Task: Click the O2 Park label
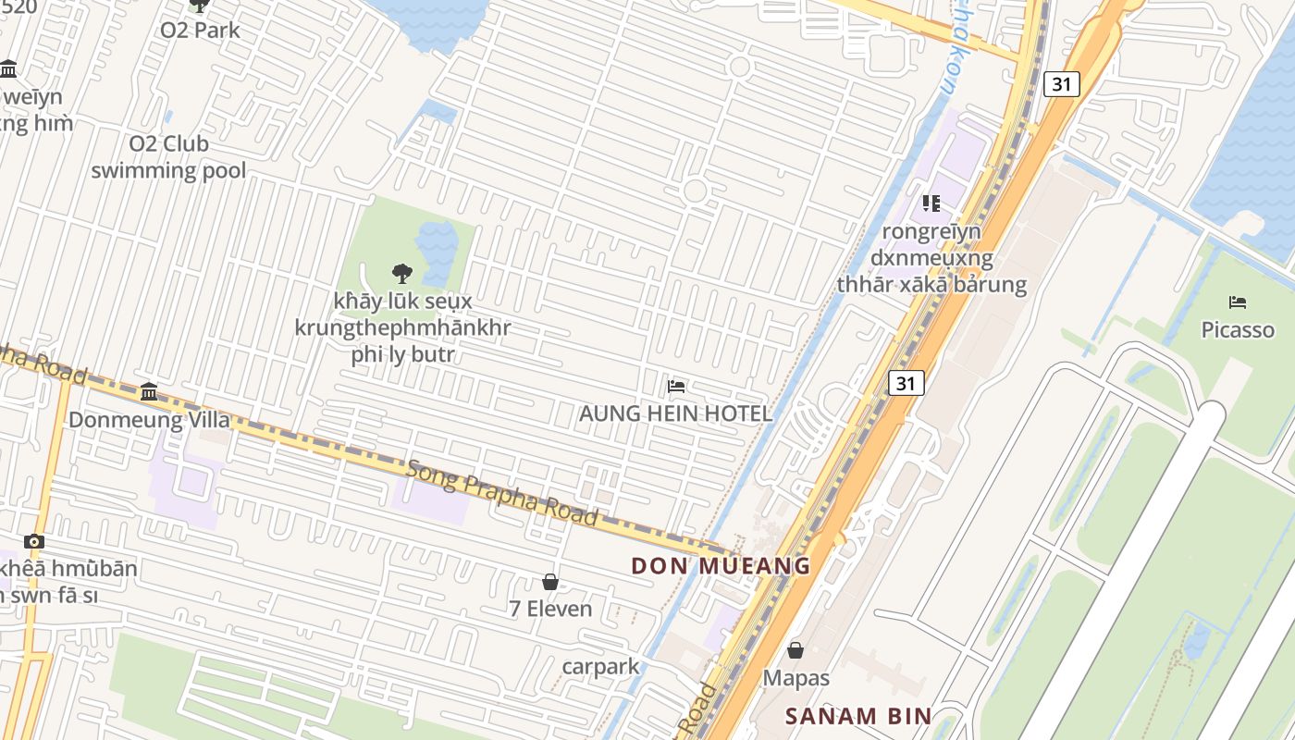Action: (x=200, y=30)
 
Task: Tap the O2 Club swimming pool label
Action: (x=168, y=157)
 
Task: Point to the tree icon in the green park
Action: (x=401, y=273)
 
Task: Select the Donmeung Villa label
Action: (x=149, y=419)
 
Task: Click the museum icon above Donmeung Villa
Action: (x=149, y=392)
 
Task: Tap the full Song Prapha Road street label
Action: (x=501, y=492)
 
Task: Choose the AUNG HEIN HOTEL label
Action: (x=675, y=413)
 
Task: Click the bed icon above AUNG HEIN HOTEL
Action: (x=676, y=386)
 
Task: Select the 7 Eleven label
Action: (x=550, y=609)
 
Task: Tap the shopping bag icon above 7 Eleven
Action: (x=550, y=582)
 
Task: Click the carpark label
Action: (x=600, y=666)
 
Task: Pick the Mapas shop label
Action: (x=795, y=678)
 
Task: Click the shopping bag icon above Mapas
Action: (x=795, y=650)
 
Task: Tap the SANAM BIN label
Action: (x=857, y=715)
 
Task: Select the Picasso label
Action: (x=1237, y=329)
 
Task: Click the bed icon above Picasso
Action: (x=1238, y=302)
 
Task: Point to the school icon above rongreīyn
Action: (x=931, y=203)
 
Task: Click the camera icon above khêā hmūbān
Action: (x=34, y=541)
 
